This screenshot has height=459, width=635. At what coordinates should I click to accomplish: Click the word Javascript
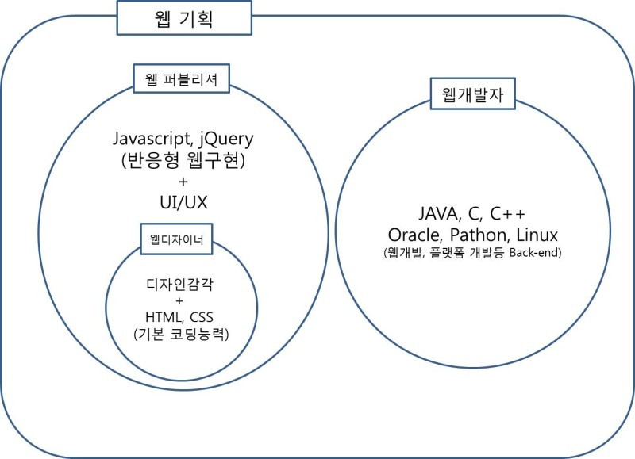[x=152, y=139]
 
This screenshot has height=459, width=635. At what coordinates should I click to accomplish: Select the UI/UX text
[x=183, y=202]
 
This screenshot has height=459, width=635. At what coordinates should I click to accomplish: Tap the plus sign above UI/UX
[x=183, y=182]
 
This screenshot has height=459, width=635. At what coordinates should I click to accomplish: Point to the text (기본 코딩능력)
[x=181, y=335]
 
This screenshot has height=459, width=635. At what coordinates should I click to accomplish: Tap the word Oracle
[x=415, y=235]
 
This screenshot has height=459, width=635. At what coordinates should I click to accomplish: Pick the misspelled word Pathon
[x=476, y=235]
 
